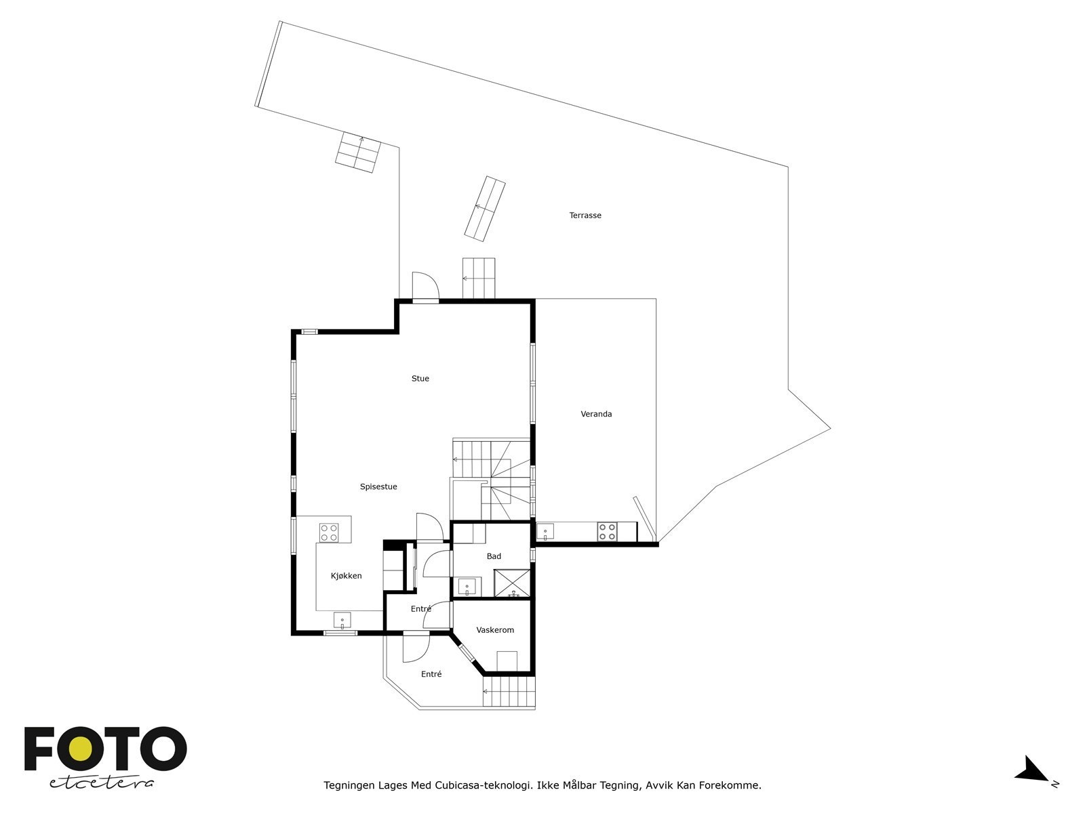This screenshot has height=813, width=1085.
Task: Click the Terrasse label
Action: pos(585,215)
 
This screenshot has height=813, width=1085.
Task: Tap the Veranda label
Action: pos(596,414)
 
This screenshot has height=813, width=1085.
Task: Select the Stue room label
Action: pos(420,379)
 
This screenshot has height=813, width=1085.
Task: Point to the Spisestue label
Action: pos(378,486)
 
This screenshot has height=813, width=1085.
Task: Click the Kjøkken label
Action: pos(346,576)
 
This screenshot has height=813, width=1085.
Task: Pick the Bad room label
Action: pos(494,556)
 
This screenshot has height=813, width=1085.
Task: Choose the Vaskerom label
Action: pos(495,630)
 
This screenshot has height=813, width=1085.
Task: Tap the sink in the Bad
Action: pos(467,587)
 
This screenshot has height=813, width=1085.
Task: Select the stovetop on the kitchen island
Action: pos(329,532)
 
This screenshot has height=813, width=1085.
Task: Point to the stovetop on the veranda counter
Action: pos(607,531)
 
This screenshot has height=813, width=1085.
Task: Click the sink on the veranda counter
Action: pos(545,532)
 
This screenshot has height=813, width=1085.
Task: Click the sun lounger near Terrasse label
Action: pos(485,208)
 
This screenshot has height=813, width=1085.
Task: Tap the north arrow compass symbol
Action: pos(1033,771)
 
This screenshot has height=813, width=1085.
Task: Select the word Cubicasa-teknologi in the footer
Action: pos(483,786)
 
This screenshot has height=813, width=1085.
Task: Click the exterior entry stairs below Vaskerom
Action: pos(509,692)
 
